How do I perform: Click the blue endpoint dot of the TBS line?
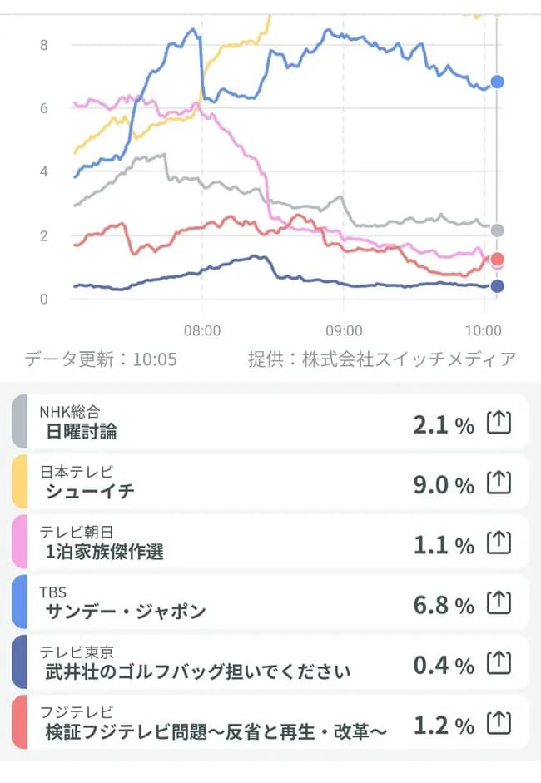(498, 82)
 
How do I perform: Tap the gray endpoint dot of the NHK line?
(498, 230)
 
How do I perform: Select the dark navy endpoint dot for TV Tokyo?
(498, 286)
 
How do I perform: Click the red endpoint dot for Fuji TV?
(498, 259)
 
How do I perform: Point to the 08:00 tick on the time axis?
(202, 330)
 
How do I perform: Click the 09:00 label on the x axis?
(344, 330)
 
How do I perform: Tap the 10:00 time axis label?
(484, 330)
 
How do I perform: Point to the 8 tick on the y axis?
(43, 45)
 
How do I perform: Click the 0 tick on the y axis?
(43, 299)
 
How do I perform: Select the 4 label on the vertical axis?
(43, 171)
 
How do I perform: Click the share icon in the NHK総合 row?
(497, 424)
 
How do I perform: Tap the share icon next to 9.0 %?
(497, 483)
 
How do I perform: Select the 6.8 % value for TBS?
(443, 604)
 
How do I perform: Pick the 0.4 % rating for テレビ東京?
(443, 665)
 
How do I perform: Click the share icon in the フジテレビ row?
(497, 724)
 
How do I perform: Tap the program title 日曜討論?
(82, 430)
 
